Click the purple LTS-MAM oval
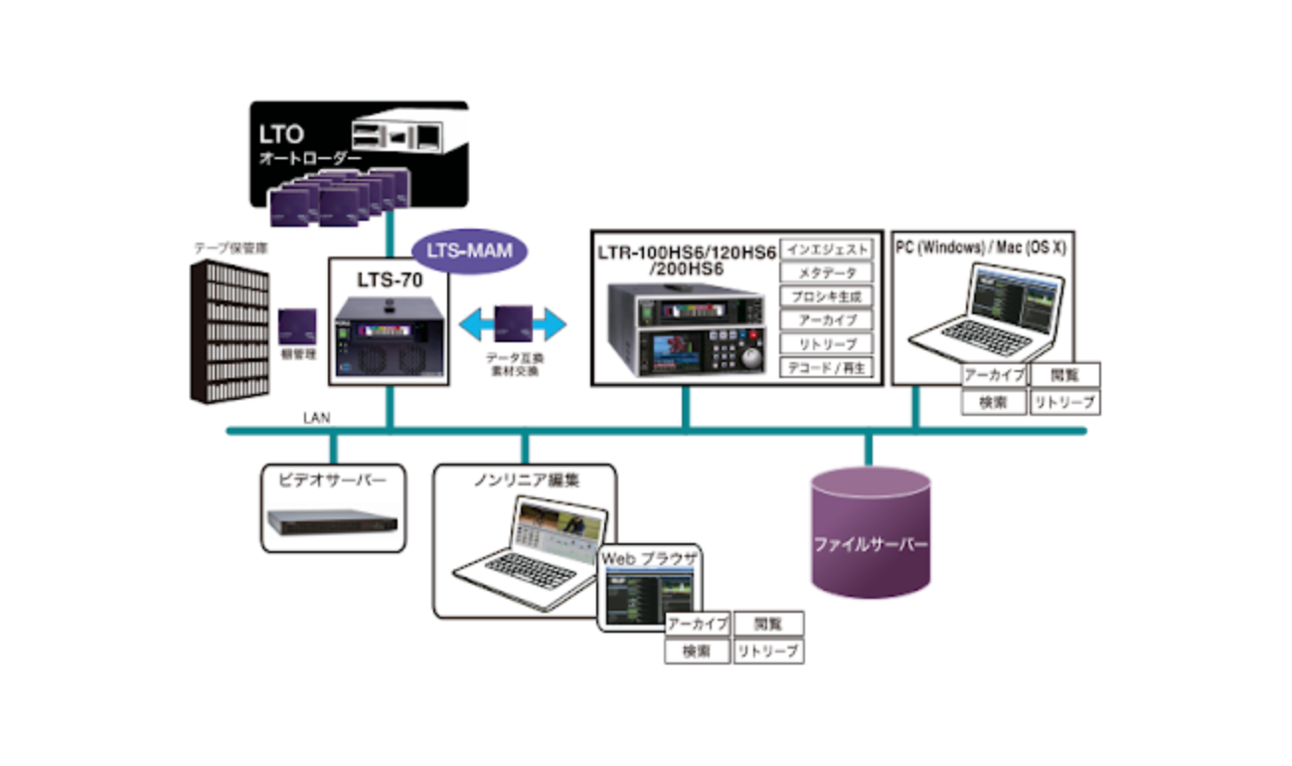click(x=470, y=251)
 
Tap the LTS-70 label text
click(x=390, y=281)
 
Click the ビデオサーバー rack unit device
click(x=332, y=520)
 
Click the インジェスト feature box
click(x=827, y=249)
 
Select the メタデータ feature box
click(x=827, y=273)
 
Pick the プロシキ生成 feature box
click(x=827, y=296)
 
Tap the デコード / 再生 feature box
click(x=827, y=368)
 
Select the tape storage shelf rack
click(x=230, y=333)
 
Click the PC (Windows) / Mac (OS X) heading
click(x=980, y=247)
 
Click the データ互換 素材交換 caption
click(x=513, y=363)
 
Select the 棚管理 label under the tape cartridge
click(x=297, y=354)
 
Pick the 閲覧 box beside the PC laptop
click(x=1064, y=375)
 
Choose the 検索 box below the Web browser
click(x=697, y=653)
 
